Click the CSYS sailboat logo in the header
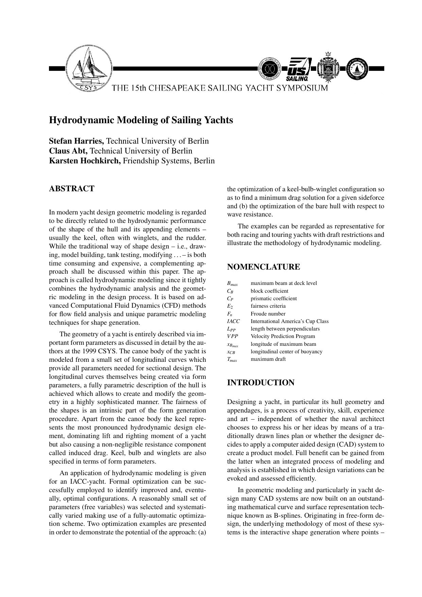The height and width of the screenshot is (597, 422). (x=89, y=68)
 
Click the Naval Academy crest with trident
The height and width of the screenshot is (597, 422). (x=328, y=68)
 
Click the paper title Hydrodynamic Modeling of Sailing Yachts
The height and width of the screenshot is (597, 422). (x=141, y=120)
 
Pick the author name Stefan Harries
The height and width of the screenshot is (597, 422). (x=77, y=141)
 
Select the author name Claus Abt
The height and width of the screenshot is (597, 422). (x=68, y=151)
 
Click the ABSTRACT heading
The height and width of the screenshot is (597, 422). (x=72, y=189)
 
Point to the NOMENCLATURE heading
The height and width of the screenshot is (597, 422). (x=264, y=267)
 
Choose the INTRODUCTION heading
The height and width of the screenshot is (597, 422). (x=261, y=383)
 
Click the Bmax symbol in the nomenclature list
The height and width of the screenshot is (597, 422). (x=232, y=284)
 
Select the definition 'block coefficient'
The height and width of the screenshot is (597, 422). (x=269, y=291)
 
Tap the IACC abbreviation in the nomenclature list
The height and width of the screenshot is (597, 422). (x=233, y=321)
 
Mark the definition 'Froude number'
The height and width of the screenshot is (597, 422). (x=268, y=314)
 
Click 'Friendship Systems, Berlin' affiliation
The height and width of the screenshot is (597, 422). (x=169, y=161)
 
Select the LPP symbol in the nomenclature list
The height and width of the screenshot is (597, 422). (x=232, y=329)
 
